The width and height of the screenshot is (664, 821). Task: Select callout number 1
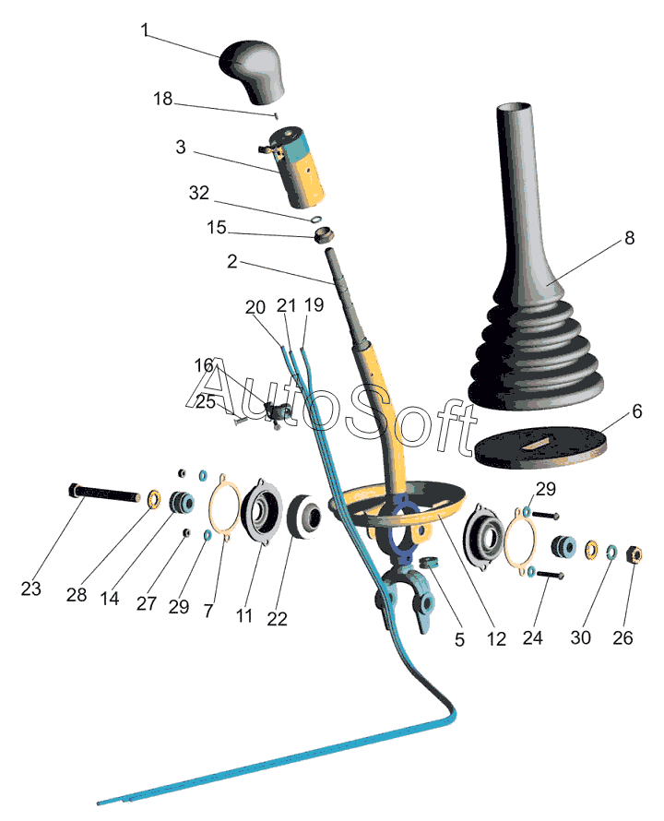pyautogui.click(x=145, y=30)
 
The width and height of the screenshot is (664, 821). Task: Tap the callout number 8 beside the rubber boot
pyautogui.click(x=629, y=238)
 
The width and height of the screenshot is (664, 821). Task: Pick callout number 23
pyautogui.click(x=30, y=588)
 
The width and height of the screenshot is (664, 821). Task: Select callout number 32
pyautogui.click(x=198, y=193)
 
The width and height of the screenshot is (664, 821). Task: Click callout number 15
pyautogui.click(x=216, y=228)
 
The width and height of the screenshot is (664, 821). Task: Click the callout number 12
pyautogui.click(x=497, y=637)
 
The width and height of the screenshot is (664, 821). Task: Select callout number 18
pyautogui.click(x=162, y=100)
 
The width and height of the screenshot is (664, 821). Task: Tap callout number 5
pyautogui.click(x=459, y=637)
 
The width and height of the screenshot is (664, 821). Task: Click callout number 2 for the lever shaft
pyautogui.click(x=232, y=262)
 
